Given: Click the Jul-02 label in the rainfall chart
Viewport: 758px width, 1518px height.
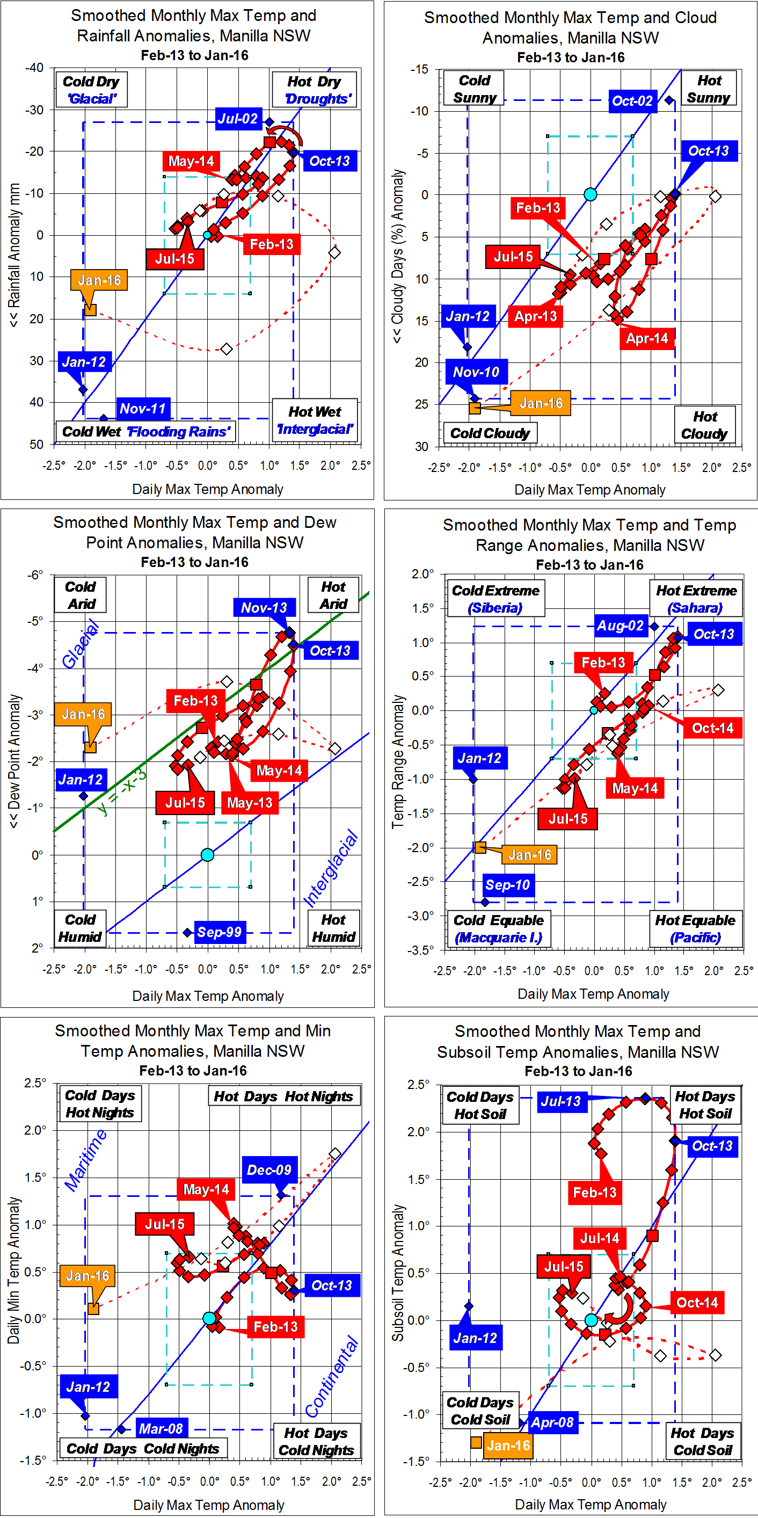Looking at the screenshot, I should coord(237,119).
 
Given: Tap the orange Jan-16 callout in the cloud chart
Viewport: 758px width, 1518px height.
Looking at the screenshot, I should coord(540,403).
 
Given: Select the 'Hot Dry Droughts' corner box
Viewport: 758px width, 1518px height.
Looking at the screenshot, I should coord(315,90).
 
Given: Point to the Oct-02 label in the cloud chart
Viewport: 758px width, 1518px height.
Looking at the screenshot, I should coord(632,100).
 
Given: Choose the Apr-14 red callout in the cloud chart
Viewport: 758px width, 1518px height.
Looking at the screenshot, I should coord(647,338).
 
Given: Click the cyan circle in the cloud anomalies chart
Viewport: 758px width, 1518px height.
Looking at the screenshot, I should coord(590,194).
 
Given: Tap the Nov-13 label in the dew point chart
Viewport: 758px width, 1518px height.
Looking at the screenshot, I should coord(264,607).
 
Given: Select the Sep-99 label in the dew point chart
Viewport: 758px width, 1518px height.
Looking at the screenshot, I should coord(218,932).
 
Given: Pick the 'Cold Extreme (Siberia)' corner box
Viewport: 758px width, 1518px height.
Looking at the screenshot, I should coord(495,599).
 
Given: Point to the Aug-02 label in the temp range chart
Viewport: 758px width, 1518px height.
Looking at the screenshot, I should coord(620,625).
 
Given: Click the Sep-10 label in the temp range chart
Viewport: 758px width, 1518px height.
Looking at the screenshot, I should coord(508,884).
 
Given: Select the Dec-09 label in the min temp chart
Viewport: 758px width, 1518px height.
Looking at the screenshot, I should coord(268,1170).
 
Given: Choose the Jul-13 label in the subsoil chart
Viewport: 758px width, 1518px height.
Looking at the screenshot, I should coord(560,1101).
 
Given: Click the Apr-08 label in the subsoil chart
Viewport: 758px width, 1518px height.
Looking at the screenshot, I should coord(552,1422).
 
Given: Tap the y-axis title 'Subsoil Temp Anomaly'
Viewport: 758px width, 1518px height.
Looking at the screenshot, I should coord(398,1272).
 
